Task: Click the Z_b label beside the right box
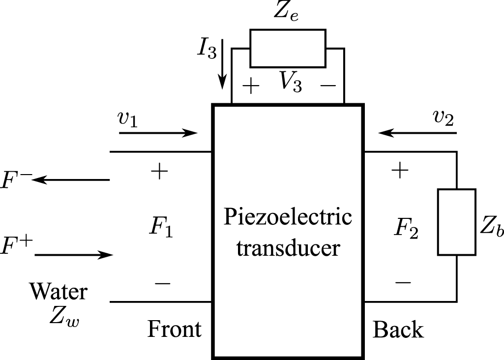(x=492, y=227)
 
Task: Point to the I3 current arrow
(x=222, y=64)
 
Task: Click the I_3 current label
(x=207, y=50)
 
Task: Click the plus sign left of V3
(x=251, y=86)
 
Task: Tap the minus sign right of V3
(x=328, y=86)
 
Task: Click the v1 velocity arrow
(x=158, y=132)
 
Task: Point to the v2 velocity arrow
(x=417, y=132)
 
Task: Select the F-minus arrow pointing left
(x=71, y=180)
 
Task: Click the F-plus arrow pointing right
(x=74, y=255)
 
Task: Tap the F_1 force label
(x=161, y=227)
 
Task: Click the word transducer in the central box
(x=288, y=248)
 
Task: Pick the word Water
(x=59, y=292)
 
